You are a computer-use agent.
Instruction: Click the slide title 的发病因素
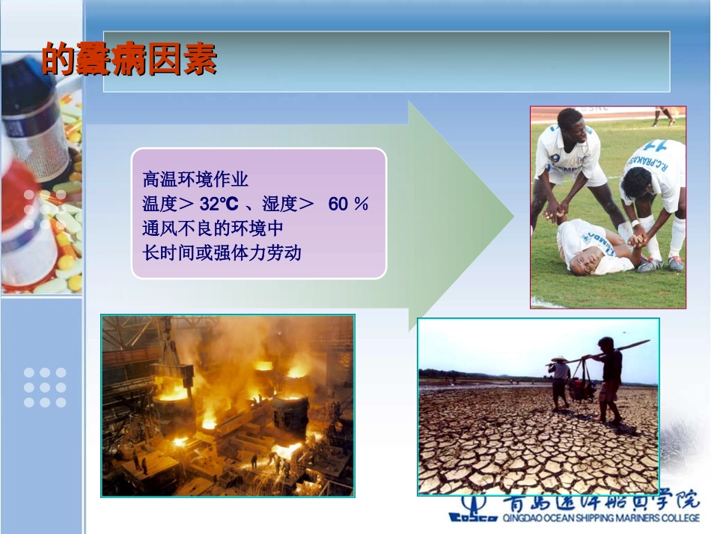coord(129,59)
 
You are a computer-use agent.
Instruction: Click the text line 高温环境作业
coord(195,180)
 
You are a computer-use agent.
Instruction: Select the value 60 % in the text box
coord(348,204)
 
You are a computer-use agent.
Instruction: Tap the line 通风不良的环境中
coord(213,228)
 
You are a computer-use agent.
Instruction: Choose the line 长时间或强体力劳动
coord(222,252)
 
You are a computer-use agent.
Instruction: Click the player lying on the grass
coord(599,247)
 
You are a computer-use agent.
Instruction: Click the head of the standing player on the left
coord(570,124)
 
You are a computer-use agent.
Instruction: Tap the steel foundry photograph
coord(228,405)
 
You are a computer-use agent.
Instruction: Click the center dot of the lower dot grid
coord(45,387)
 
